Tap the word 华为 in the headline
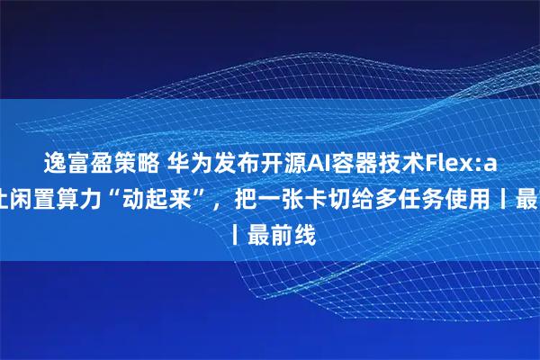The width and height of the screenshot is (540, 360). [x=183, y=163]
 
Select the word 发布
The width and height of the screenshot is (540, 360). [x=229, y=163]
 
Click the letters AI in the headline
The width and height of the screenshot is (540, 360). [x=314, y=163]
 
